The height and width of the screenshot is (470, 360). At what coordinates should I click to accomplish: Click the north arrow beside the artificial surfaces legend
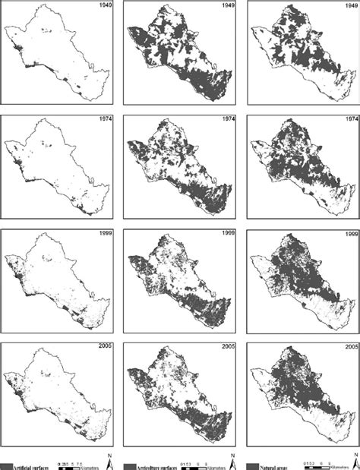click(111, 459)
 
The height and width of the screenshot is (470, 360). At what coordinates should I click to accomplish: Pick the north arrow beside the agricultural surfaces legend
click(231, 459)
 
